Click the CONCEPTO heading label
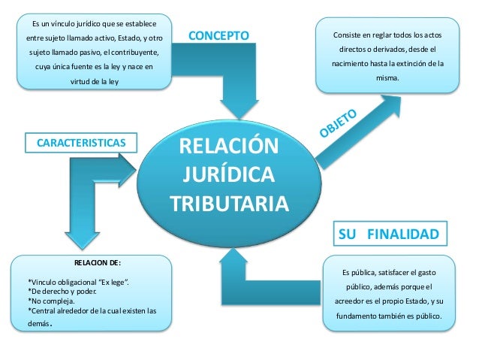pyautogui.click(x=217, y=35)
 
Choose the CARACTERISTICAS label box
pyautogui.click(x=77, y=142)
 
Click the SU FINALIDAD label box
pyautogui.click(x=388, y=234)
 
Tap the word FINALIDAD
pyautogui.click(x=403, y=234)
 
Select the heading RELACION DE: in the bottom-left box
pyautogui.click(x=97, y=263)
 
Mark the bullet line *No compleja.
pyautogui.click(x=56, y=301)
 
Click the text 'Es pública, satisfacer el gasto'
pyautogui.click(x=388, y=271)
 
